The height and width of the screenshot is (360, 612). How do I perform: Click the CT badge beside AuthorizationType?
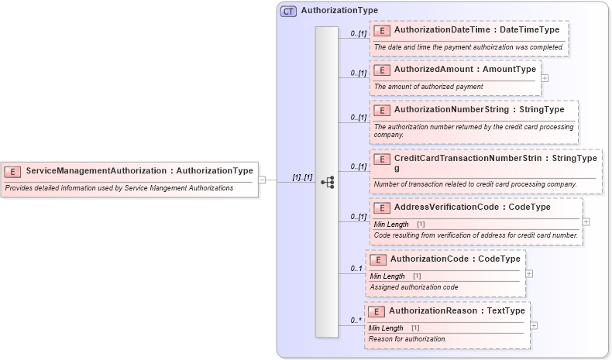point(288,12)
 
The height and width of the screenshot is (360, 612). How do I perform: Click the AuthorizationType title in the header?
point(339,11)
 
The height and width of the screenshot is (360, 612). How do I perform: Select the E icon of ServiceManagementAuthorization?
point(12,171)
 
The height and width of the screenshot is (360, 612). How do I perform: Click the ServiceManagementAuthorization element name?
point(98,171)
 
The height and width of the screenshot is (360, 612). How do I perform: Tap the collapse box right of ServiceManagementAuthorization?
point(262,180)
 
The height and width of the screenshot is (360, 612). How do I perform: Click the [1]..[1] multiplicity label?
point(302,177)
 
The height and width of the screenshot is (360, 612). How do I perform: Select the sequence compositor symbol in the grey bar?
point(327,182)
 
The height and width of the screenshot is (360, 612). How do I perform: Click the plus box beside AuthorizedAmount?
point(545,77)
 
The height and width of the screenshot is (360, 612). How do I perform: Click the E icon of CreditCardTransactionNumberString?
point(381,159)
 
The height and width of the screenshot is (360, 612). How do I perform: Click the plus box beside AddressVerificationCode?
point(586,221)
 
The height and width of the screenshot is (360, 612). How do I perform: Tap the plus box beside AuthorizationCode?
point(528,273)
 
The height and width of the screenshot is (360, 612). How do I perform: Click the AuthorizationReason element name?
point(433,311)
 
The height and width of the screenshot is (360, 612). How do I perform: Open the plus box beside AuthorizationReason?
point(534,325)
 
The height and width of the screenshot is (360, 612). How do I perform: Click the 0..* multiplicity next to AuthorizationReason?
point(356,320)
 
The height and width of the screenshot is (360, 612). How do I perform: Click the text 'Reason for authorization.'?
point(407,339)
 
